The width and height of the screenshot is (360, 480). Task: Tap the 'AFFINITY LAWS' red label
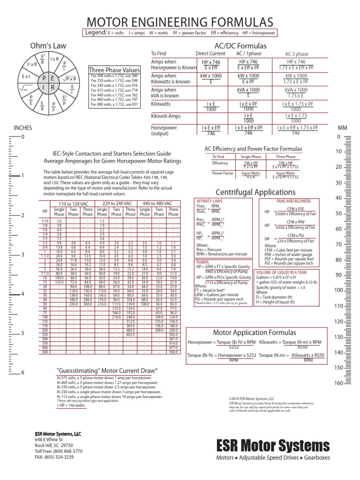[209, 201]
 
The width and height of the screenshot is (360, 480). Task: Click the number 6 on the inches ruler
[22, 373]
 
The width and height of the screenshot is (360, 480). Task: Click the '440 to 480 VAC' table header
[159, 204]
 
